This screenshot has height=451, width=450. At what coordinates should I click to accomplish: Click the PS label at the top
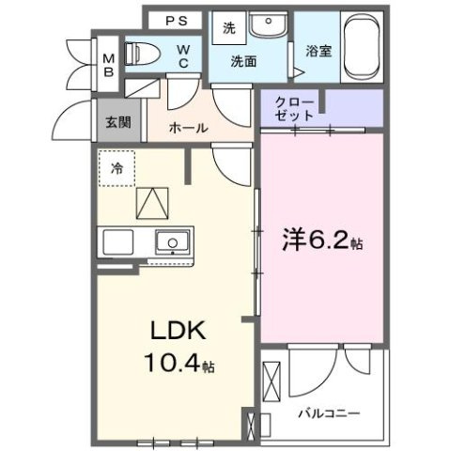pyautogui.click(x=176, y=21)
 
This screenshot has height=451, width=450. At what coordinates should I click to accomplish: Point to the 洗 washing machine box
pyautogui.click(x=228, y=28)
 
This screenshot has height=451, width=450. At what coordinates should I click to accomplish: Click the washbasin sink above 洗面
pyautogui.click(x=270, y=23)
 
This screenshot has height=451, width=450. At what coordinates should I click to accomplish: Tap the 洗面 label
pyautogui.click(x=245, y=62)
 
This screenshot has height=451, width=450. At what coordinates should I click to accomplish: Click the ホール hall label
pyautogui.click(x=188, y=128)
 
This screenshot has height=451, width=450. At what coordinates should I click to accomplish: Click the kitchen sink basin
pyautogui.click(x=172, y=243)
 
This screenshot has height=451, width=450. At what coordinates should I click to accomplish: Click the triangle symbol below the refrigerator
pyautogui.click(x=149, y=203)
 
